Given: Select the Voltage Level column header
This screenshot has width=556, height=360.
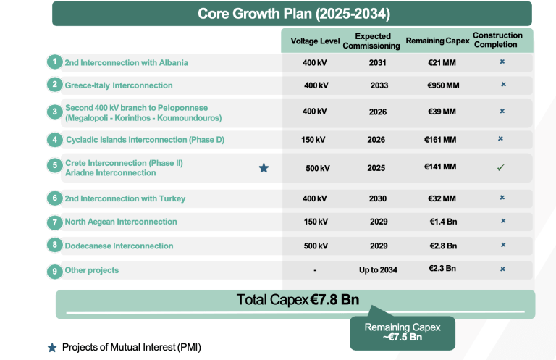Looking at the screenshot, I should [315, 41].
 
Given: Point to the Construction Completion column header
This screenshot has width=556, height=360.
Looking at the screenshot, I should [497, 40].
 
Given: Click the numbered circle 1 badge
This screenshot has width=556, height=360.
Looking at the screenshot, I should [54, 62].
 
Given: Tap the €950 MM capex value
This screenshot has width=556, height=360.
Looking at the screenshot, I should [443, 85].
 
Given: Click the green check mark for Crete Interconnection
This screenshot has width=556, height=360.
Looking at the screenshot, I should [500, 167].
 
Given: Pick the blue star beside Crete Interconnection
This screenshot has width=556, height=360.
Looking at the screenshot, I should [264, 168].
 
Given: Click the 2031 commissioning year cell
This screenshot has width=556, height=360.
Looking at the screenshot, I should [377, 63].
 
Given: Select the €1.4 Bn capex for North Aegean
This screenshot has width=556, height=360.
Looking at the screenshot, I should [442, 222].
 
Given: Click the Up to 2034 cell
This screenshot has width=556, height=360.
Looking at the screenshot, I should [379, 269].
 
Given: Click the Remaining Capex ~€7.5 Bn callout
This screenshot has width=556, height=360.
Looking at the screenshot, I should [402, 332].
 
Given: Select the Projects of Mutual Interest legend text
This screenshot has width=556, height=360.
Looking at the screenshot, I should [131, 347].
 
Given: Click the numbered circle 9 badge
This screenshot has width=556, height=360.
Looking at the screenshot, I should [54, 271].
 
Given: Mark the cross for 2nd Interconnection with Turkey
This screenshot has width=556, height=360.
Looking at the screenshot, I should [502, 197].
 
